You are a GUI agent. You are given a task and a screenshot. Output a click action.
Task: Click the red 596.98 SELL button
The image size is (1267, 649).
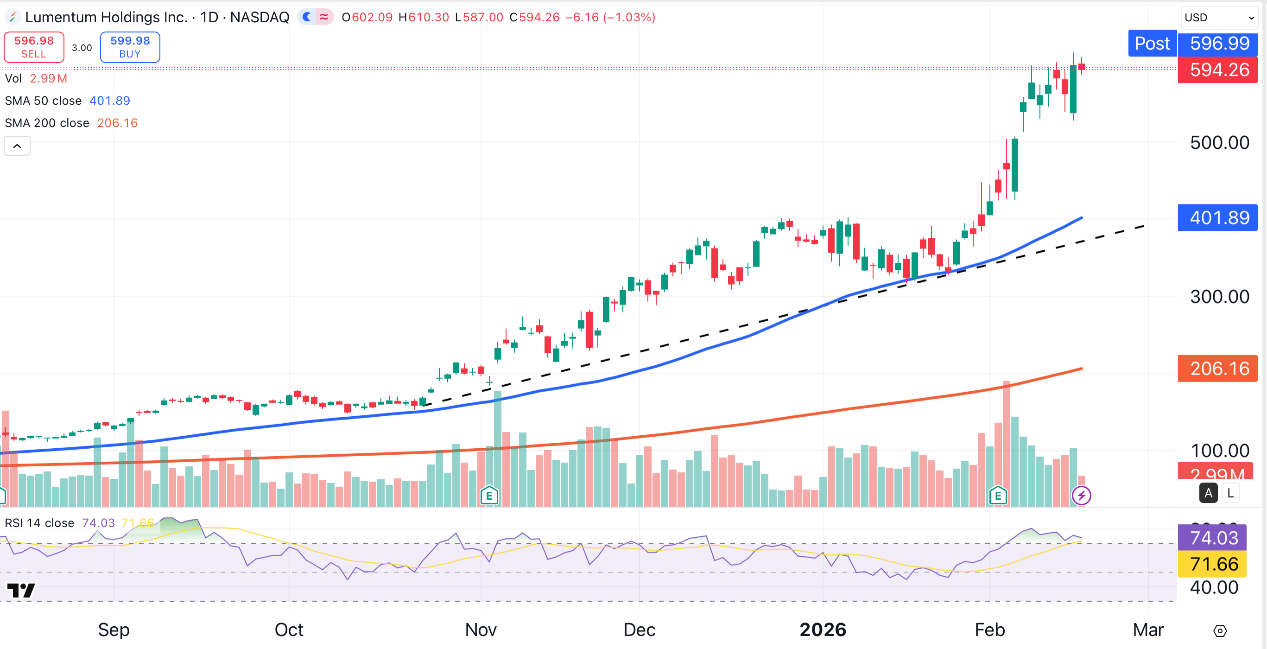tap(34, 47)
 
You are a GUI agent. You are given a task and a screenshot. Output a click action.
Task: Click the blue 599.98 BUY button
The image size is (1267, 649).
tap(130, 47)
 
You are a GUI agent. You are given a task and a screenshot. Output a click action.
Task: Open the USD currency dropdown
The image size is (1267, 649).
tap(1219, 18)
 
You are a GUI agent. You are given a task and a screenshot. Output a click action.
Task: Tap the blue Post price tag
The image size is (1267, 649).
tap(1152, 43)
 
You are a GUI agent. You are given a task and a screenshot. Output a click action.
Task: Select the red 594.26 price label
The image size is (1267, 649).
tap(1218, 70)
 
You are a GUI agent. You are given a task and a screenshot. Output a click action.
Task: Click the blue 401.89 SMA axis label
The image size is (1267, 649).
tap(1218, 217)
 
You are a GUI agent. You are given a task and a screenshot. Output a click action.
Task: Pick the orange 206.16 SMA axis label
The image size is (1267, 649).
tap(1218, 369)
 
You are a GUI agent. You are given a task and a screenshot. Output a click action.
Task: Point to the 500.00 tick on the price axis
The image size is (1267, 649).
tap(1219, 143)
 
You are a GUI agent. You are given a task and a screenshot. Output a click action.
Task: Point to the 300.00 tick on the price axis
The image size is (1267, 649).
tap(1219, 297)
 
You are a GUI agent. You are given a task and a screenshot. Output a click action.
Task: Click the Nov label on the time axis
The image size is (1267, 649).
tap(481, 630)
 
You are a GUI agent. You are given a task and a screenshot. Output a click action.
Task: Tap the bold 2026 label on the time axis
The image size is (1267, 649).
tap(823, 630)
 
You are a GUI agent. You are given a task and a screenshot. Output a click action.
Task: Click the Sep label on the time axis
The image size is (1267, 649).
tap(114, 630)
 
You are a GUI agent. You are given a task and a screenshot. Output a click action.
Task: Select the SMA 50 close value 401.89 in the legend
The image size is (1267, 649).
tap(110, 101)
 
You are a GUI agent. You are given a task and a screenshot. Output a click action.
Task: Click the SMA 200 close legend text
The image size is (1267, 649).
tap(47, 123)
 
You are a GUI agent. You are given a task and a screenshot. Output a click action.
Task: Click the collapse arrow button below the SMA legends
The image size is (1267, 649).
tap(17, 146)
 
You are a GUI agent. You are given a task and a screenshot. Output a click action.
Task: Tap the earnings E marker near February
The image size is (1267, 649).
tap(997, 496)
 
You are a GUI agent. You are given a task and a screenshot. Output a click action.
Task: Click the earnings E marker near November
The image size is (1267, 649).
tap(489, 496)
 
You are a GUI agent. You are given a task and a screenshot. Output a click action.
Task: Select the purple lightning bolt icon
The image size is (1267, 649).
tap(1081, 496)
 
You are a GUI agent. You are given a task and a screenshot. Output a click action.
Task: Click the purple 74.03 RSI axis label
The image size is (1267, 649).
tap(1213, 538)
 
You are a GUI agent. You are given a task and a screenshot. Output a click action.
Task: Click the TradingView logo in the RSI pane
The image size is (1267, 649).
tap(21, 590)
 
